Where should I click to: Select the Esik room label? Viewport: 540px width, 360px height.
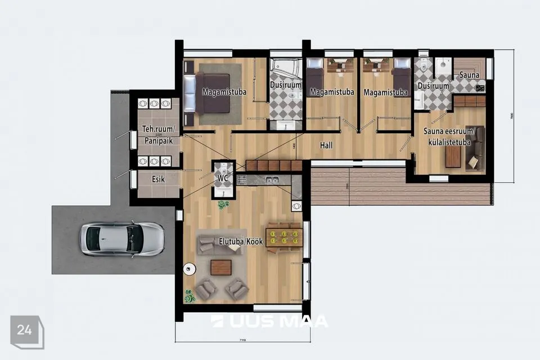tap(159, 179)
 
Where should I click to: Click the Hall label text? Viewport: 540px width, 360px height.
tap(326, 145)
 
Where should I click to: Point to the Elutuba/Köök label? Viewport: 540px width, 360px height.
tap(241, 242)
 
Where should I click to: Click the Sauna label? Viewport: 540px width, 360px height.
tap(469, 75)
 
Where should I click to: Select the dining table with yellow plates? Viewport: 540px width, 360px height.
tap(284, 235)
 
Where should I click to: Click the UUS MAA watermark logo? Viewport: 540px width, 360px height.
tap(269, 321)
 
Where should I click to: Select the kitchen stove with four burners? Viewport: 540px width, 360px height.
tap(242, 179)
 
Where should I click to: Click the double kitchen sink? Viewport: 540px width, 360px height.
tap(272, 180)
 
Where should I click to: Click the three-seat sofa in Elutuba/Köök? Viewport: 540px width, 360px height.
tap(220, 244)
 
